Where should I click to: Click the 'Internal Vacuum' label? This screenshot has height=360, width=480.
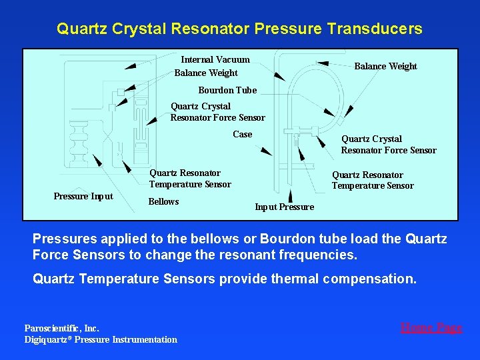pyautogui.click(x=215, y=59)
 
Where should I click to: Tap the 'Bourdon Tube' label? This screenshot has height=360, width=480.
pyautogui.click(x=227, y=90)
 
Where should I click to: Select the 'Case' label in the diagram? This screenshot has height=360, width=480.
pyautogui.click(x=243, y=134)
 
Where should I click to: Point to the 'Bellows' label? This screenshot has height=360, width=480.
pyautogui.click(x=163, y=201)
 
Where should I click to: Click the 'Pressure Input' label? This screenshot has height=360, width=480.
pyautogui.click(x=83, y=196)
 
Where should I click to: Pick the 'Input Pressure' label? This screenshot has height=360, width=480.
pyautogui.click(x=284, y=207)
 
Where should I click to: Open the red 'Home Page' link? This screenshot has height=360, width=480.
pyautogui.click(x=431, y=327)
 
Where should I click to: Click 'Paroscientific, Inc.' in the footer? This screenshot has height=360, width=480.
pyautogui.click(x=61, y=328)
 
